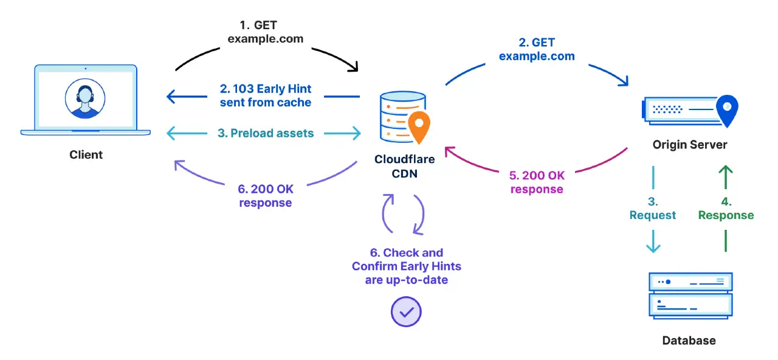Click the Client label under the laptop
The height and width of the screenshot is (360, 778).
coord(86,154)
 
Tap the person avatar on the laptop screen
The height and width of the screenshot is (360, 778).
coord(86,97)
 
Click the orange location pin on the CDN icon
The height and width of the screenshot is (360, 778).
coord(418,126)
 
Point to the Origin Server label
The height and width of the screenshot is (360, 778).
coord(690,145)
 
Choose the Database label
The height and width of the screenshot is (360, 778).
coord(689,341)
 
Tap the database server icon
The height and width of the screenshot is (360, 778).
coord(690,295)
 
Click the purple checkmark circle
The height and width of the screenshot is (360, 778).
coord(405,312)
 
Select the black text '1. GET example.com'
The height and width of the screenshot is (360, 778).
coord(265,32)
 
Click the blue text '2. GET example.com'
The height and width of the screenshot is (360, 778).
coord(537,49)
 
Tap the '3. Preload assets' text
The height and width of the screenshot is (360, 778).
coord(266,133)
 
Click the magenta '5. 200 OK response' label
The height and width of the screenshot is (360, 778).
coord(537,182)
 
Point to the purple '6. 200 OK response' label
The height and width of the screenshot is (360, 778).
coord(265,196)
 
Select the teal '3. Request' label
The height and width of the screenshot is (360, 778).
coord(653,209)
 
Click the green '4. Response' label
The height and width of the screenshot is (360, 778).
coord(726,209)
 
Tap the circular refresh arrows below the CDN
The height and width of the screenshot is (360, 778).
coord(403,214)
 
